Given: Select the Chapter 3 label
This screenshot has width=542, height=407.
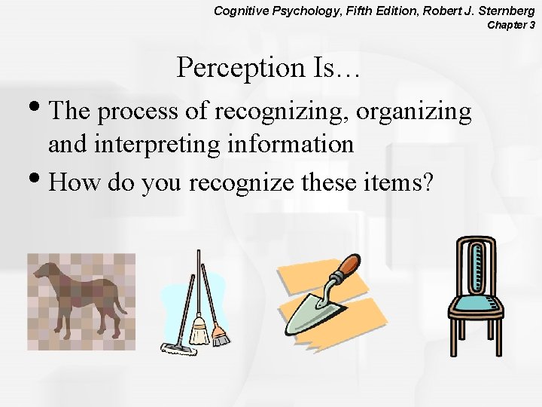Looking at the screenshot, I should (x=511, y=25).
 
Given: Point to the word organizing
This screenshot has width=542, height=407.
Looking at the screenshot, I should (x=414, y=112).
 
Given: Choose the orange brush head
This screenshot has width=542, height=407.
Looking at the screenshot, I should (x=219, y=335).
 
